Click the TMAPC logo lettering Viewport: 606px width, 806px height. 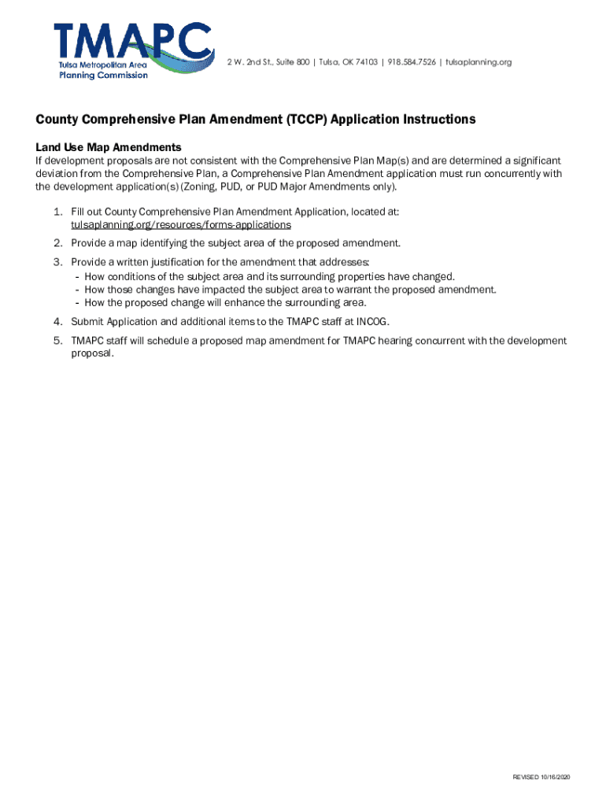point(132,42)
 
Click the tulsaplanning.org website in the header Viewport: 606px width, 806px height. point(479,62)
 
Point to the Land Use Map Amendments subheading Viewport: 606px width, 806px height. point(109,147)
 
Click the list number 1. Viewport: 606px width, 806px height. point(57,212)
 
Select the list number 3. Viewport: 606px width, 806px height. point(57,261)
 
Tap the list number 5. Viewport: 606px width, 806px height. point(57,341)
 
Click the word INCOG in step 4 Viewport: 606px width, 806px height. point(373,321)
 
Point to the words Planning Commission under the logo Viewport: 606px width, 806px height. point(104,76)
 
